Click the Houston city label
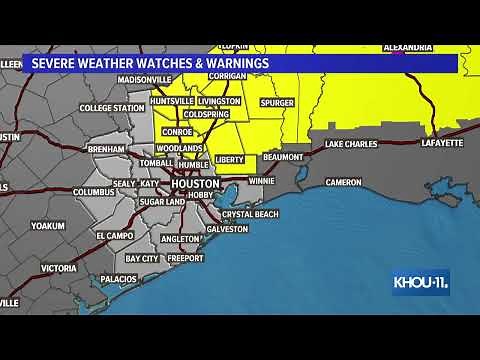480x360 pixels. pos(194,185)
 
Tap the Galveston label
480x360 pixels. pos(227,229)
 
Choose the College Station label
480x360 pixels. pos(111,108)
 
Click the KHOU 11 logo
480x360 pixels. pos(420,283)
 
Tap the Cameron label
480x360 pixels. pos(343,182)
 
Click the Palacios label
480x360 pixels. pos(117,279)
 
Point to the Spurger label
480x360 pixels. pos(278,102)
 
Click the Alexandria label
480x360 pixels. pos(408,47)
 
